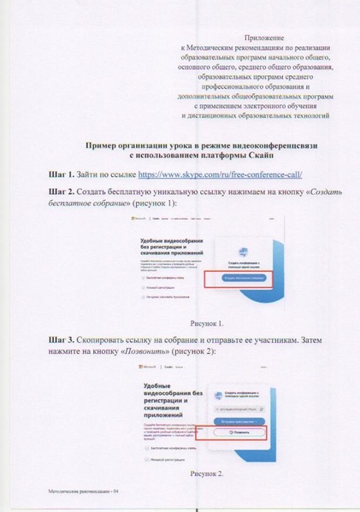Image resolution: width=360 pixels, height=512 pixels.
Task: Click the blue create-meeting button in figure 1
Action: click(243, 278)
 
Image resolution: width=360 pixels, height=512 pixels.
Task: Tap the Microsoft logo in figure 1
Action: click(134, 220)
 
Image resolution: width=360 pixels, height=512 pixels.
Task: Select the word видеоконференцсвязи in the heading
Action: click(264, 145)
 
